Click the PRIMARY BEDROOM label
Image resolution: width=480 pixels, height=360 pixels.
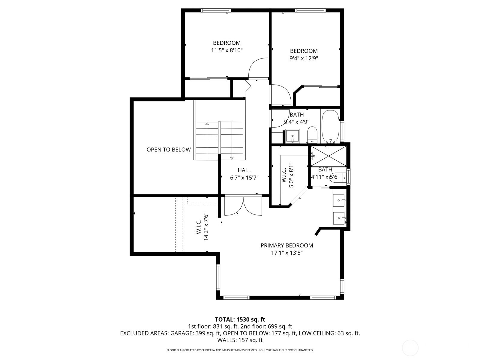[x=287, y=245]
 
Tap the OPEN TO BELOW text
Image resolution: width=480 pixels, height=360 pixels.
[x=169, y=150]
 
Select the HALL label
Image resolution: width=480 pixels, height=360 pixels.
[x=244, y=170]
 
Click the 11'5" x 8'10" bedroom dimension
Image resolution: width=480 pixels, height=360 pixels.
[x=227, y=50]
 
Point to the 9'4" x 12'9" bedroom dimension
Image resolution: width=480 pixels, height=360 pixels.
[x=304, y=58]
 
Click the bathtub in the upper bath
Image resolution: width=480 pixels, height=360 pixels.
[x=331, y=127]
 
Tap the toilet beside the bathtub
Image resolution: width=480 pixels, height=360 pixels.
[x=312, y=135]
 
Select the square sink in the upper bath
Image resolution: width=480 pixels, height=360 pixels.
[x=292, y=136]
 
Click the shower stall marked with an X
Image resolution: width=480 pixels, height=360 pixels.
[x=328, y=156]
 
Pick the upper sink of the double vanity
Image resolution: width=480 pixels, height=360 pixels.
[x=339, y=200]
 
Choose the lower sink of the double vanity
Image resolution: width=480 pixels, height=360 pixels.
[x=339, y=218]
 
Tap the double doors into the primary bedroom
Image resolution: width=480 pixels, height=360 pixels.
[x=243, y=206]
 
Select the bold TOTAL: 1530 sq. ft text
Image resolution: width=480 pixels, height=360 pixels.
[x=240, y=319]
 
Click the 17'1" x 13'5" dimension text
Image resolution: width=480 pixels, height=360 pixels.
[x=287, y=253]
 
